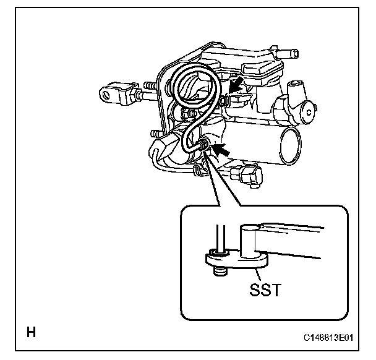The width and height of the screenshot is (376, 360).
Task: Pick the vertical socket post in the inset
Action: pyautogui.click(x=247, y=241)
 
